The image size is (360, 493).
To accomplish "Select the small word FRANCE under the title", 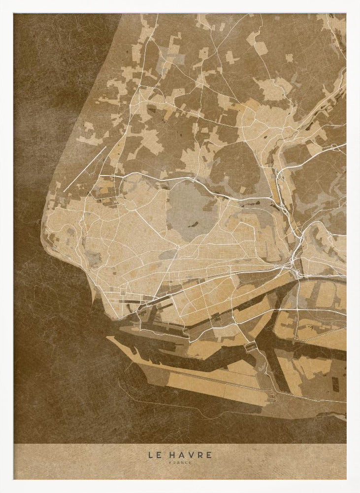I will pyautogui.click(x=180, y=462).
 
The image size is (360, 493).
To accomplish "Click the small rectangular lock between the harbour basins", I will pyautogui.click(x=251, y=345).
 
